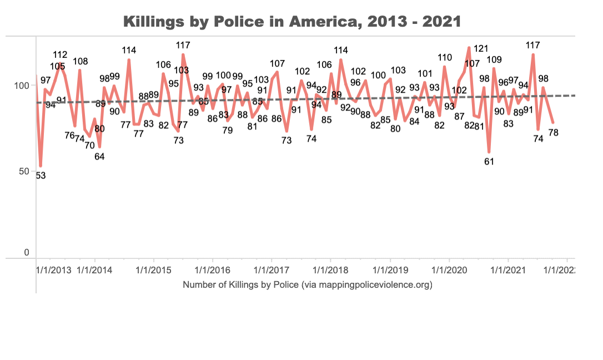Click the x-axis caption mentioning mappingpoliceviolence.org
point(307,285)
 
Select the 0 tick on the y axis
point(26,253)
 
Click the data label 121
point(480,48)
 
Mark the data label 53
point(41,176)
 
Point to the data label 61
point(489,162)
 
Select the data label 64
point(99,156)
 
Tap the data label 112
point(60,54)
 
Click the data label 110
point(445,57)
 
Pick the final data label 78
point(553,132)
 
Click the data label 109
point(494,59)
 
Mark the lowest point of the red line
point(41,166)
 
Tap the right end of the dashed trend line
point(574,96)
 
